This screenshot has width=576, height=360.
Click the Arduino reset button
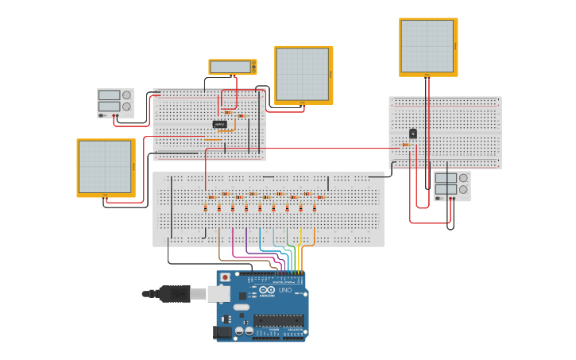point(225,277)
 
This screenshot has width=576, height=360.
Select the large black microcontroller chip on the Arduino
point(278,320)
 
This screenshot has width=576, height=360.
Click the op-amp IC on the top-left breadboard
point(219,124)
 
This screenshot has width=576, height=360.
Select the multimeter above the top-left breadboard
point(233,67)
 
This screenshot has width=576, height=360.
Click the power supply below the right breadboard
point(452,186)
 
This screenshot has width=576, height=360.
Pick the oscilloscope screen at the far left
point(104,167)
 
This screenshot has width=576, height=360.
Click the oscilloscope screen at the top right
point(427,46)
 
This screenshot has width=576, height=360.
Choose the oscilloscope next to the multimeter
point(303,75)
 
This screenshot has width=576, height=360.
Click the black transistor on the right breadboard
point(412,134)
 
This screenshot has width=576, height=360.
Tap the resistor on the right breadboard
point(406,145)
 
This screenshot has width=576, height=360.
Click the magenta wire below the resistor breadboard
point(233,242)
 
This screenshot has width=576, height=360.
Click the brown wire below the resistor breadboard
point(219,246)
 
